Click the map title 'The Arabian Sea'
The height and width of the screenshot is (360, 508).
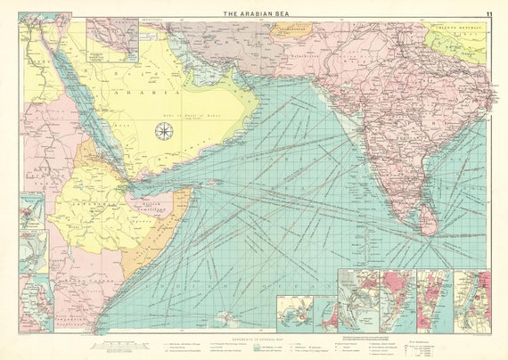(254, 13)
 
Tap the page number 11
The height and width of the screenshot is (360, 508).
(489, 13)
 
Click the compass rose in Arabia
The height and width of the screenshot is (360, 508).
(164, 131)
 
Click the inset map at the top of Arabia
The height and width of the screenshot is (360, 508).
(111, 41)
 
